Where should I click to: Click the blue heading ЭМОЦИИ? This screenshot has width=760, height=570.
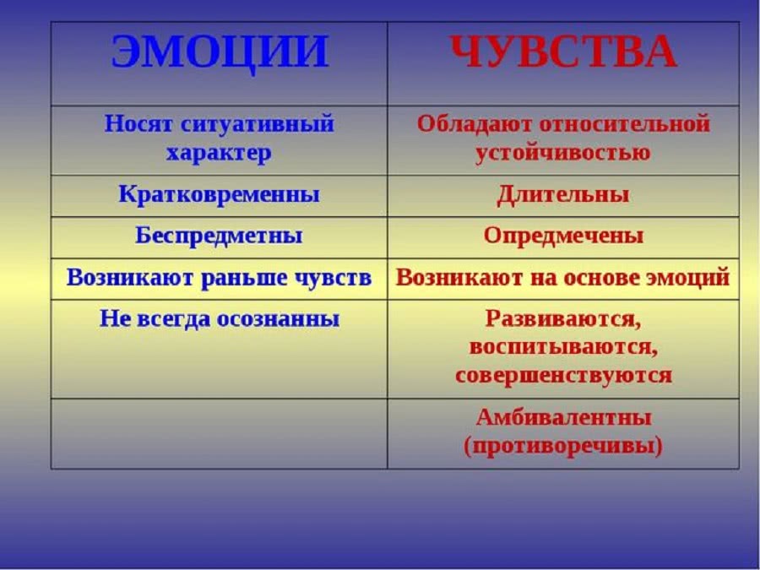coord(220,52)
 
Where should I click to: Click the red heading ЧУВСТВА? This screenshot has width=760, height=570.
coord(563,52)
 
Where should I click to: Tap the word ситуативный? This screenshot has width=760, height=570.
coord(258,125)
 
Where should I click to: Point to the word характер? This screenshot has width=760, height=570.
coord(219,154)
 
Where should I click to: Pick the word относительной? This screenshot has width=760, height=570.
coord(624,124)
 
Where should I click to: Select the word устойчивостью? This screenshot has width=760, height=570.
coord(563,153)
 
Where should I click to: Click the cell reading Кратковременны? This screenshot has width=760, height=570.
coord(219,195)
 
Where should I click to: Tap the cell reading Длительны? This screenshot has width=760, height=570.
coord(563,195)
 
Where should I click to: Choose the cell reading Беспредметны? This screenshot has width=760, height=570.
coord(219,236)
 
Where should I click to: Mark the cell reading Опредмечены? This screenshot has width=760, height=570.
coord(563,236)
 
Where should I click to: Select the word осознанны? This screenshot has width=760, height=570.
coord(278,319)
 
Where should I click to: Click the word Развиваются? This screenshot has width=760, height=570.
coord(563,320)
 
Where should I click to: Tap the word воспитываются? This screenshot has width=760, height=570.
coord(563,348)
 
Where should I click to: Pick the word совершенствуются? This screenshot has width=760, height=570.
coord(563,376)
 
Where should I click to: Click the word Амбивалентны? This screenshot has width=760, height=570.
coord(563,418)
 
